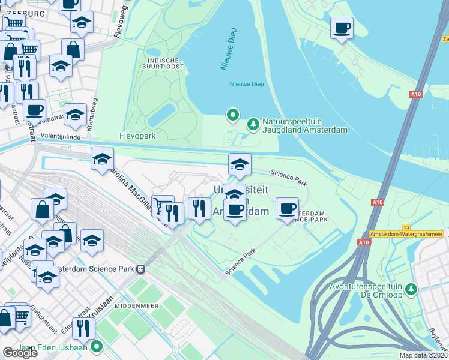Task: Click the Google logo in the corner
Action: [20, 353]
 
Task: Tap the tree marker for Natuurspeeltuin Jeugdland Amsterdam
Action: [253, 124]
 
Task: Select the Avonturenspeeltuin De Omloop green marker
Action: [411, 290]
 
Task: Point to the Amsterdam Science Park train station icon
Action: [142, 269]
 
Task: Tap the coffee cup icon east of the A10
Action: [342, 28]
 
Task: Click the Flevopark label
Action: [137, 136]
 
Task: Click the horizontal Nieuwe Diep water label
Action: [247, 84]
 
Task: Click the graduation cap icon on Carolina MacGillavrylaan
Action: [103, 160]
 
